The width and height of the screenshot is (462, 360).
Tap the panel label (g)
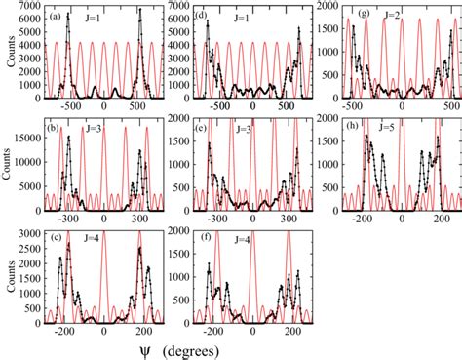[x=362, y=16]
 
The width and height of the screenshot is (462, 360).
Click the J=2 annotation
[x=409, y=17]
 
